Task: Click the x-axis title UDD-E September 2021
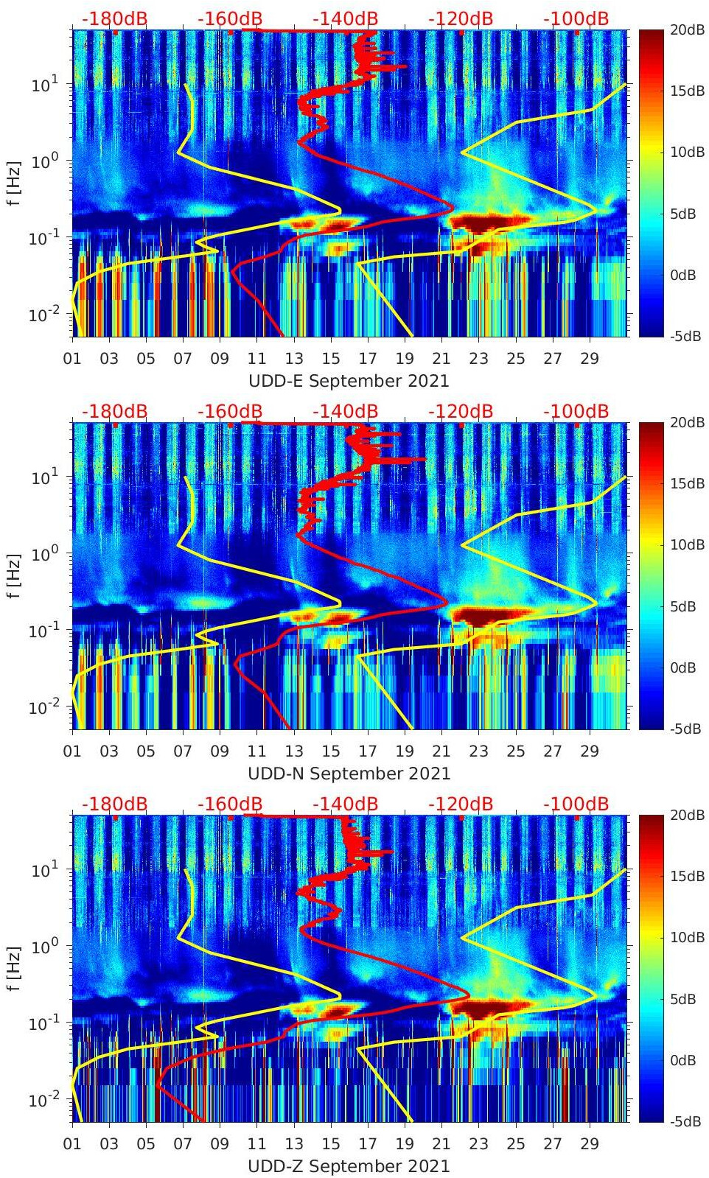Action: [349, 381]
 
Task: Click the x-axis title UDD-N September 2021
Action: [349, 774]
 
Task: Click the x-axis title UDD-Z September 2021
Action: [349, 1166]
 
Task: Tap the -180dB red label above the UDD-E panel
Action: [114, 18]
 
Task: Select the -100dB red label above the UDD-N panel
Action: [576, 411]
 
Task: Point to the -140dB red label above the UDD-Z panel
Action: [345, 804]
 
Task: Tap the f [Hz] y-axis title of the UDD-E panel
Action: [14, 183]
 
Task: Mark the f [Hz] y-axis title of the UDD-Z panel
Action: [14, 968]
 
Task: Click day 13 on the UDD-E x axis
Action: [294, 359]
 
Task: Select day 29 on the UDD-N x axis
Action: [590, 751]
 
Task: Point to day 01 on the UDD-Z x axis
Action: [72, 1144]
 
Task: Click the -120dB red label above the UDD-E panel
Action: [461, 18]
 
